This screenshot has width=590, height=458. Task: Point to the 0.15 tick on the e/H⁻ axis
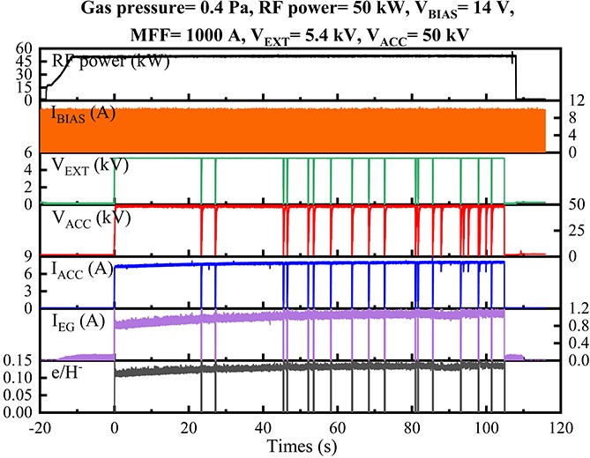pos(18,360)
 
